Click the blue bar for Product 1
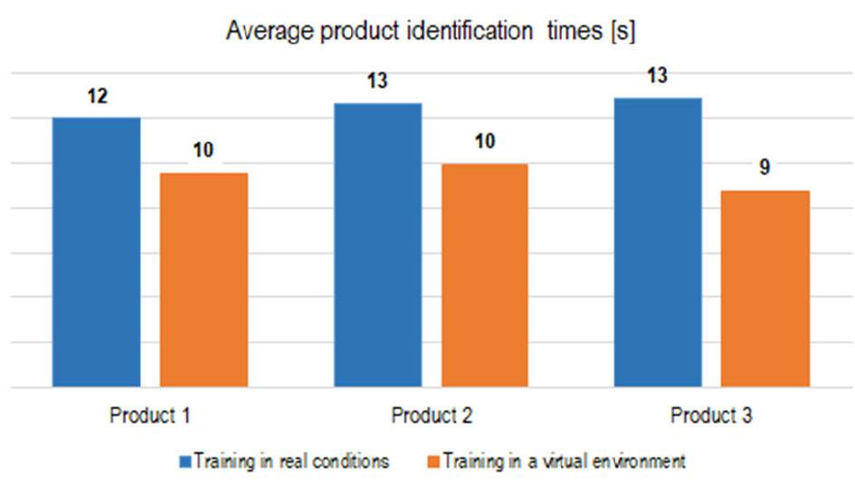pyautogui.click(x=96, y=253)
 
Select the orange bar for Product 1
pyautogui.click(x=204, y=280)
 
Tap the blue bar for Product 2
pyautogui.click(x=377, y=245)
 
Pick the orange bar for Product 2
pyautogui.click(x=484, y=275)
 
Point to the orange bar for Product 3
pyautogui.click(x=765, y=289)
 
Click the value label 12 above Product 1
pyautogui.click(x=98, y=97)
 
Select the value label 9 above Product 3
pyautogui.click(x=765, y=169)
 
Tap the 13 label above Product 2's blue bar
pyautogui.click(x=377, y=81)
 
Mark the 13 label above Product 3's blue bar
pyautogui.click(x=658, y=76)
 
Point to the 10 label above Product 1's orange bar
pyautogui.click(x=204, y=150)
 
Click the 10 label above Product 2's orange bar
pyautogui.click(x=484, y=142)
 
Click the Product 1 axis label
pyautogui.click(x=150, y=416)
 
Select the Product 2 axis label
pyautogui.click(x=431, y=416)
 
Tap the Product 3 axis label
pyautogui.click(x=711, y=416)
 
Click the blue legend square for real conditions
pyautogui.click(x=184, y=462)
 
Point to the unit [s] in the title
pyautogui.click(x=622, y=32)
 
